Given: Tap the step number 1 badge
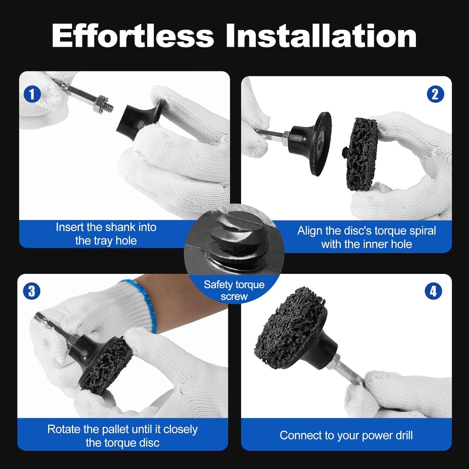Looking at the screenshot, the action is coord(32,94).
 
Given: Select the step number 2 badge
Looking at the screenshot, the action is coord(435,94).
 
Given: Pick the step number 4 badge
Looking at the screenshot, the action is coord(433,291).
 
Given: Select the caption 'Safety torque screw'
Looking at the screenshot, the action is coord(234,290).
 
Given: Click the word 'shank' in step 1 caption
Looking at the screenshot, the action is coord(121,227).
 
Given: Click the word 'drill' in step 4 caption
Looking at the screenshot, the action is coord(403,435).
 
